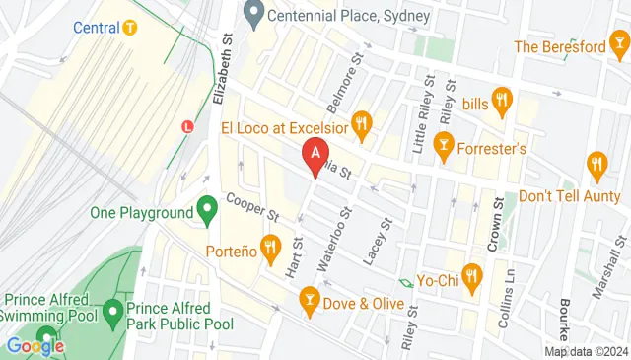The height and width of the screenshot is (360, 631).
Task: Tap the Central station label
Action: click(x=96, y=27)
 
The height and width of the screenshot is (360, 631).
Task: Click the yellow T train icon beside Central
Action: click(x=129, y=27)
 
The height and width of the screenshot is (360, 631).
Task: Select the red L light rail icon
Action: click(x=188, y=125)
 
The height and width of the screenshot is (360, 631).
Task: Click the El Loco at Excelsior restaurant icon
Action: click(x=363, y=124)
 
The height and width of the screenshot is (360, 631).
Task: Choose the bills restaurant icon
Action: click(x=502, y=99)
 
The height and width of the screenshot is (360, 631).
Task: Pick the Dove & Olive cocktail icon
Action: click(x=310, y=299)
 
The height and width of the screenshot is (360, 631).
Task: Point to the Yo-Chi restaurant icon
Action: click(x=472, y=279)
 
